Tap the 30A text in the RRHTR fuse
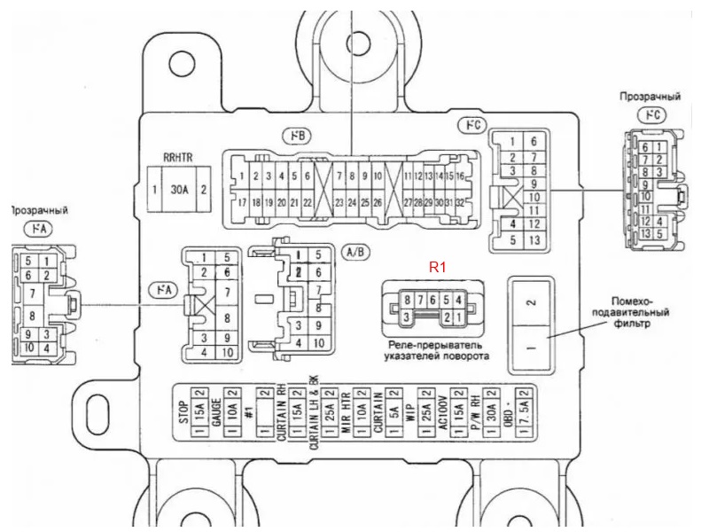coord(180,190)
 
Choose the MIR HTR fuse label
coord(347,410)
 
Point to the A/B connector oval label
coord(356,251)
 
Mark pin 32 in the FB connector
coord(460,202)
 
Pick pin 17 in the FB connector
coord(242,202)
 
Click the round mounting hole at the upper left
coord(182,62)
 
